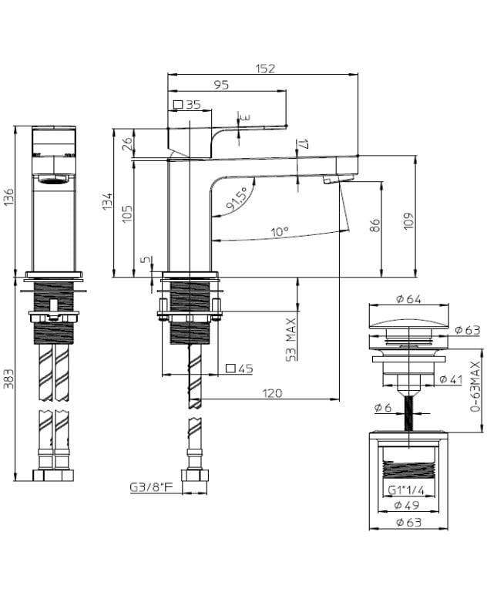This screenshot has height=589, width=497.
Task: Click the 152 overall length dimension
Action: tap(264, 69)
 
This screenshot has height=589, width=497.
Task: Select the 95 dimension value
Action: tap(221, 86)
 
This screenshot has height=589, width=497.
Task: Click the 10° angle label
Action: tap(279, 231)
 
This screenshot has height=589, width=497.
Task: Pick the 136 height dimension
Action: tap(9, 198)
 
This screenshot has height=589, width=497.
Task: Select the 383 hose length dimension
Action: tap(9, 376)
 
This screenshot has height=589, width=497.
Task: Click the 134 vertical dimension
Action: tap(109, 202)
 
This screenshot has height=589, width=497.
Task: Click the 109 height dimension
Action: tap(408, 220)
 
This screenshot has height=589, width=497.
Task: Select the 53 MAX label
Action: tap(291, 339)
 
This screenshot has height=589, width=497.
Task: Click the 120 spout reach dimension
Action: tap(272, 393)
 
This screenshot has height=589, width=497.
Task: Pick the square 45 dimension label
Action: tap(240, 369)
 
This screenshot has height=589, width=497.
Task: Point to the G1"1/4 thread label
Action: tap(406, 490)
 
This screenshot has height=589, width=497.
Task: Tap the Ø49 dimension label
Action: tap(406, 506)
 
